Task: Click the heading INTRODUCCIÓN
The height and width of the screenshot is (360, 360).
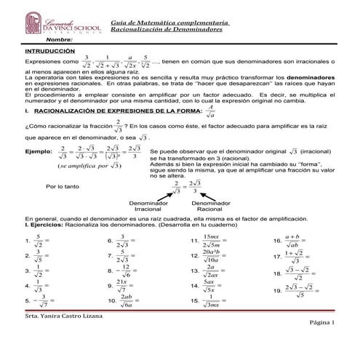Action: pyautogui.click(x=49, y=52)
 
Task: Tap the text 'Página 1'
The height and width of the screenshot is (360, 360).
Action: pyautogui.click(x=324, y=342)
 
